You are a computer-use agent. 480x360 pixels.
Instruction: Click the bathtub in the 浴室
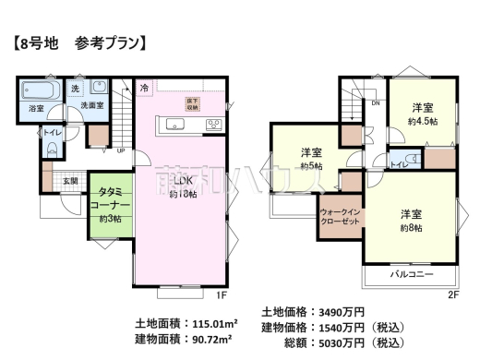coord(40,93)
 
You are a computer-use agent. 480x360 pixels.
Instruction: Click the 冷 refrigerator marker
coord(144,88)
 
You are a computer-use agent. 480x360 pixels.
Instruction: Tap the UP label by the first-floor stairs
coord(120,151)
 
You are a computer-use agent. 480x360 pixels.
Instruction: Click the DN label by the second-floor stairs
coord(375,102)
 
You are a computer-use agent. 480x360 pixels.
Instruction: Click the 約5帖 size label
coord(311,166)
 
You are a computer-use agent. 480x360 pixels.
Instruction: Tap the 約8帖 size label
coord(411,228)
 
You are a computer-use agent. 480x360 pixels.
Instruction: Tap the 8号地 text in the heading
coord(39,42)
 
